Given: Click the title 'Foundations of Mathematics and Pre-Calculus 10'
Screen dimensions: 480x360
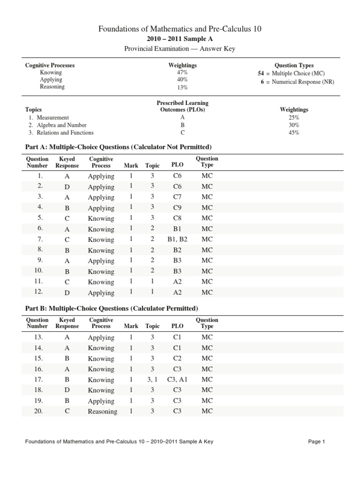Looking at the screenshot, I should [x=180, y=29].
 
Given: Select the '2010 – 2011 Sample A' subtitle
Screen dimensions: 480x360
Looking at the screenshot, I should [x=180, y=39].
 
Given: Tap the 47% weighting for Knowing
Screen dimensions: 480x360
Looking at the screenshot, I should [x=182, y=73].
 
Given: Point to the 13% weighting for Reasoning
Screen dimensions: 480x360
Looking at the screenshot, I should [x=182, y=87].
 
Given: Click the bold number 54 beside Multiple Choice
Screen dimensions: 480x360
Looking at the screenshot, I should [x=261, y=73].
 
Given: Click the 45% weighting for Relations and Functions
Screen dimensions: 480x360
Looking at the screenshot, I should [x=294, y=133].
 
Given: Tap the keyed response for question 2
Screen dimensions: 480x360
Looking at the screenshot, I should [x=67, y=187].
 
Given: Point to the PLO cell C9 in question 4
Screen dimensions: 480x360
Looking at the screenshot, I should [x=177, y=208].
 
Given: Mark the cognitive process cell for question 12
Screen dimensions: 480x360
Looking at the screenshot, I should [x=101, y=293].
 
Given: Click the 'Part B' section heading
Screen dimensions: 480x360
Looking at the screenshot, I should [x=111, y=308].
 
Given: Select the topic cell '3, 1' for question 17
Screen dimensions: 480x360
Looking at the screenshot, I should [x=152, y=380].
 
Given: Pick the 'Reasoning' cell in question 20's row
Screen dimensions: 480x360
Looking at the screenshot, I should [x=102, y=412].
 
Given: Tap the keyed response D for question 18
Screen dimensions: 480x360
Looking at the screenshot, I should [x=67, y=390].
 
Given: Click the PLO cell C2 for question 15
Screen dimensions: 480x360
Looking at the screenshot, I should [x=177, y=359].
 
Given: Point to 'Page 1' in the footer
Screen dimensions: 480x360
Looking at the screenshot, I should [x=316, y=442].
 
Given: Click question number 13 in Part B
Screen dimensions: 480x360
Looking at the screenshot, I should [x=38, y=337].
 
